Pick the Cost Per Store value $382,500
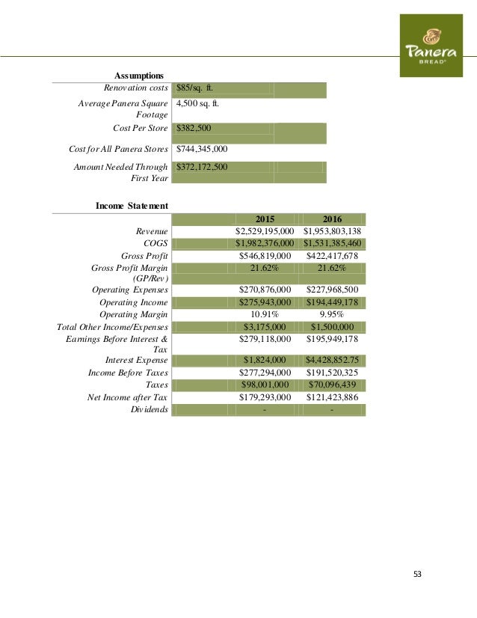194,129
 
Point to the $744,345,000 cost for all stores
202,148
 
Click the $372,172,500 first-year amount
202,167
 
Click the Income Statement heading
132,205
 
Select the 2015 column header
265,218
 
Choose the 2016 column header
332,218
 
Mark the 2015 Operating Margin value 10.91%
265,315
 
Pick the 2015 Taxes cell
265,385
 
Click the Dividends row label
150,410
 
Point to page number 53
417,574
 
